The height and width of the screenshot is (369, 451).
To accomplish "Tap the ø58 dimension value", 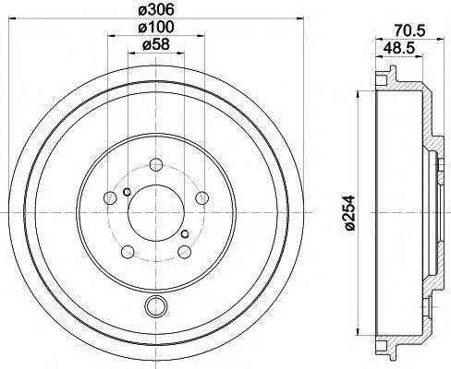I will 155,45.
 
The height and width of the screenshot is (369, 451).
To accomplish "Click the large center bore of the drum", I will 155,208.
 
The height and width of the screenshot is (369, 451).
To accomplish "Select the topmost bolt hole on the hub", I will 155,166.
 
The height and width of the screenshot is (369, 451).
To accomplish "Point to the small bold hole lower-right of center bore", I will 185,233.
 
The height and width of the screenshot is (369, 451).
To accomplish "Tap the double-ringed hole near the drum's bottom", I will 154,307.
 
